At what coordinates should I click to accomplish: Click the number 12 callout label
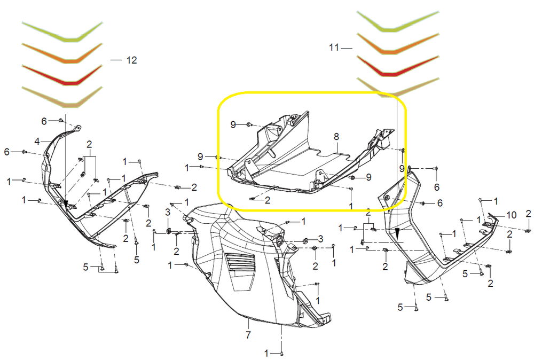click(131, 60)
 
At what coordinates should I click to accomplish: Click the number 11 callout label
click(334, 48)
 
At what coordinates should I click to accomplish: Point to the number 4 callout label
click(37, 142)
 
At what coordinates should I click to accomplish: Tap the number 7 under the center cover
click(248, 335)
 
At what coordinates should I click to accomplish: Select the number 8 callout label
click(336, 137)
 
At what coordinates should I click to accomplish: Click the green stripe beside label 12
click(62, 33)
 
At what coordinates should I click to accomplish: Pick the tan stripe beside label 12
click(62, 98)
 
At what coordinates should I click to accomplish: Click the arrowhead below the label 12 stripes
click(66, 204)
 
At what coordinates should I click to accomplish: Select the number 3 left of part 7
click(168, 213)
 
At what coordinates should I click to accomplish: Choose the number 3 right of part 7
click(320, 238)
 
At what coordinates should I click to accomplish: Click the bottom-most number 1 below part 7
click(266, 353)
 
